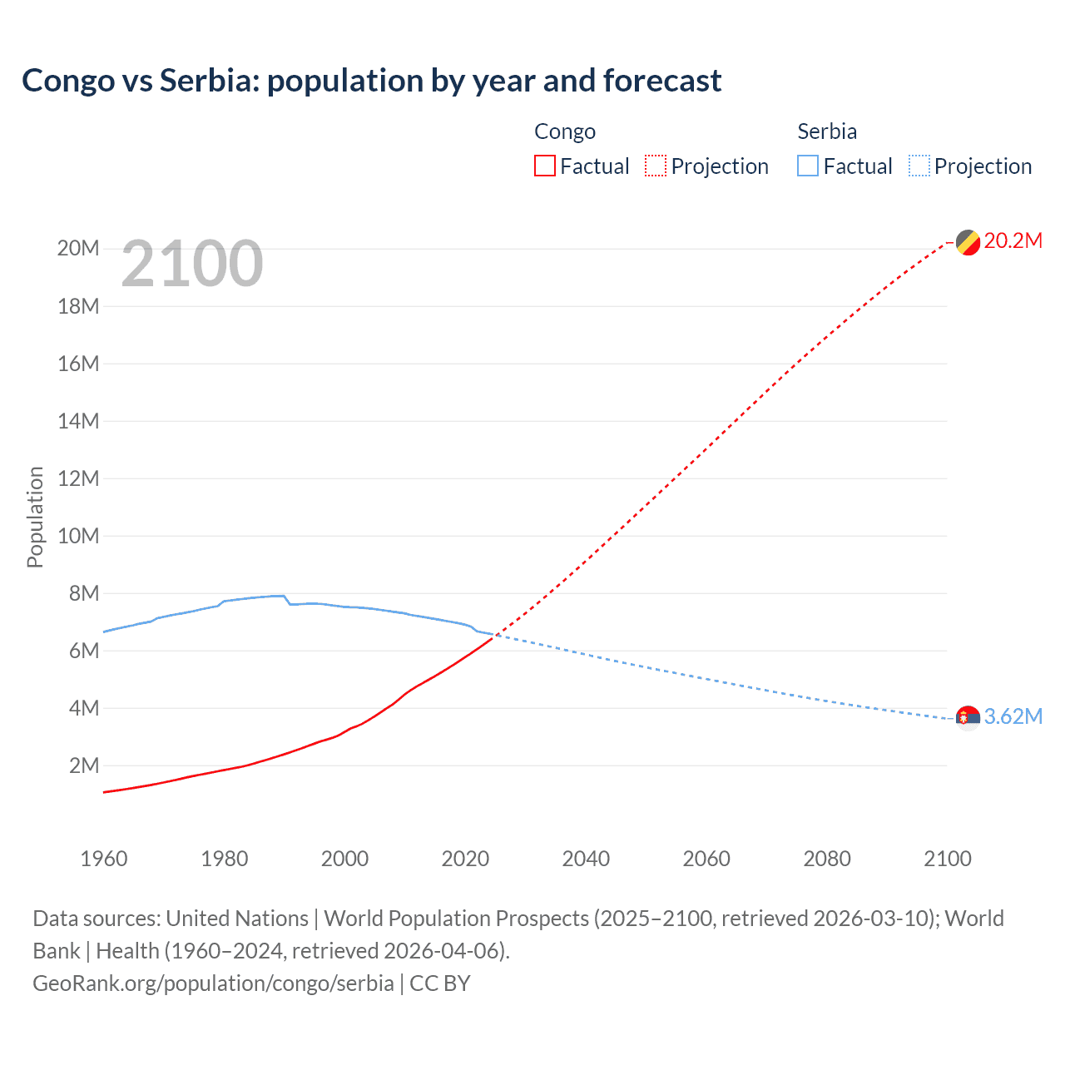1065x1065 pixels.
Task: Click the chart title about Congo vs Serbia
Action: point(371,81)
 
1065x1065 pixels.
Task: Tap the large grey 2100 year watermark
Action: point(192,265)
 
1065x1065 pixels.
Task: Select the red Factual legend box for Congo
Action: point(545,166)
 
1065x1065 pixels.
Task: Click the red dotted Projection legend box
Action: point(656,166)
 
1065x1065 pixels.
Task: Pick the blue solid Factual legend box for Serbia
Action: point(808,166)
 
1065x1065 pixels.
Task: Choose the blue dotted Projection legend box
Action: point(919,166)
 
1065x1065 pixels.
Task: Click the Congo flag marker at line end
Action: point(968,242)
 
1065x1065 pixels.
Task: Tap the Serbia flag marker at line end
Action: point(968,717)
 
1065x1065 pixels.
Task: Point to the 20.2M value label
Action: point(1013,241)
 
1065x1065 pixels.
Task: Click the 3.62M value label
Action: point(1013,716)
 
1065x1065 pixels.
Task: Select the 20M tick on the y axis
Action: point(78,249)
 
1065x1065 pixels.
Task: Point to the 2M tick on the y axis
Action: point(84,765)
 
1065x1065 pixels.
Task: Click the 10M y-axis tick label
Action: point(78,536)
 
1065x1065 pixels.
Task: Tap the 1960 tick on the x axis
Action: point(104,859)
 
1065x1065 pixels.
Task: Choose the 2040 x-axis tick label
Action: point(586,859)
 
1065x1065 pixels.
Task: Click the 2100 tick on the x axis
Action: point(947,859)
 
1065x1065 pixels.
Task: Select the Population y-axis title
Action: point(35,517)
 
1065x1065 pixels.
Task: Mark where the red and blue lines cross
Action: point(495,636)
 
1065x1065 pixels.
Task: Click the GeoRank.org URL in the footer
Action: point(213,983)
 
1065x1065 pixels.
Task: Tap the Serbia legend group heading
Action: point(826,131)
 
